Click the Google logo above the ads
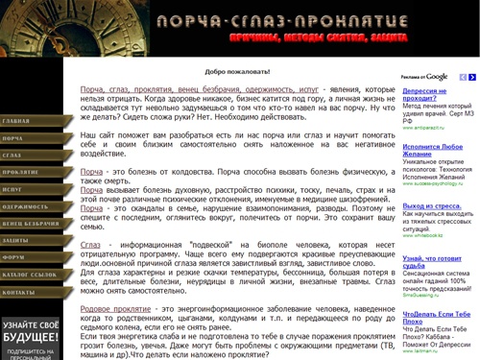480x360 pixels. [x=437, y=77]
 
